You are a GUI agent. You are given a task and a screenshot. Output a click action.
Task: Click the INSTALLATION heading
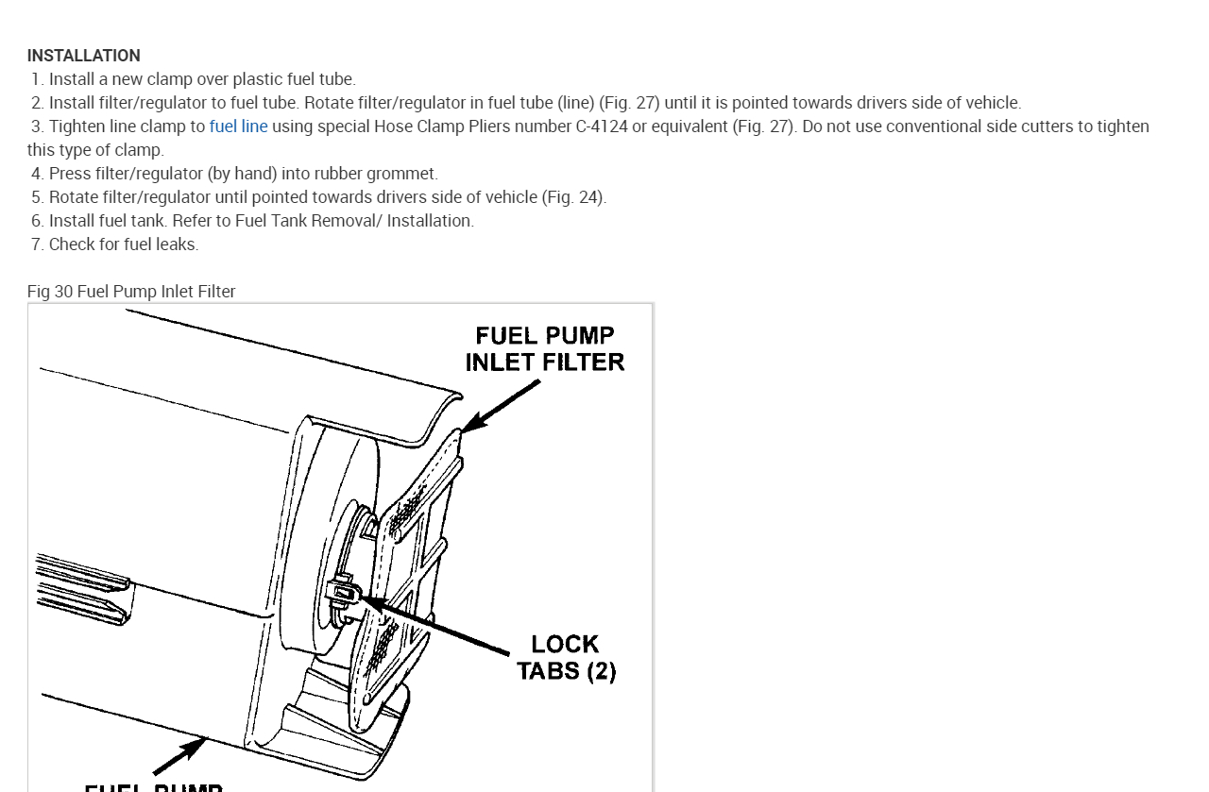[83, 56]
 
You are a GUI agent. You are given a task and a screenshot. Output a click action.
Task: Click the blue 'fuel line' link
[238, 126]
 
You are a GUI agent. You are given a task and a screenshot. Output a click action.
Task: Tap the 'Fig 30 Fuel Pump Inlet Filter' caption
[131, 292]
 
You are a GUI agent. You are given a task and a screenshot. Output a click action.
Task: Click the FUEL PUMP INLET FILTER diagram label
[545, 349]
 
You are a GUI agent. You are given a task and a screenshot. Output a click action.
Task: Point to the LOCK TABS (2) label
[566, 658]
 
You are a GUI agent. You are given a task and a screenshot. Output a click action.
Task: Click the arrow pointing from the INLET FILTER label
[501, 406]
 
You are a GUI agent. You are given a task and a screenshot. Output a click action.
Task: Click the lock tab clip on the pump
[341, 591]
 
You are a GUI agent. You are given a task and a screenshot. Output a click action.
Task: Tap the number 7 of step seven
[36, 244]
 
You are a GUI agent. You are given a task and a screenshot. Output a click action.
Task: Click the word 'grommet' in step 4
[408, 174]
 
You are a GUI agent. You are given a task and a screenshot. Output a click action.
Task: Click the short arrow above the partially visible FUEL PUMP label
[179, 756]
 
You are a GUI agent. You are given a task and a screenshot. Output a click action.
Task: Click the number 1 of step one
[36, 79]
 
